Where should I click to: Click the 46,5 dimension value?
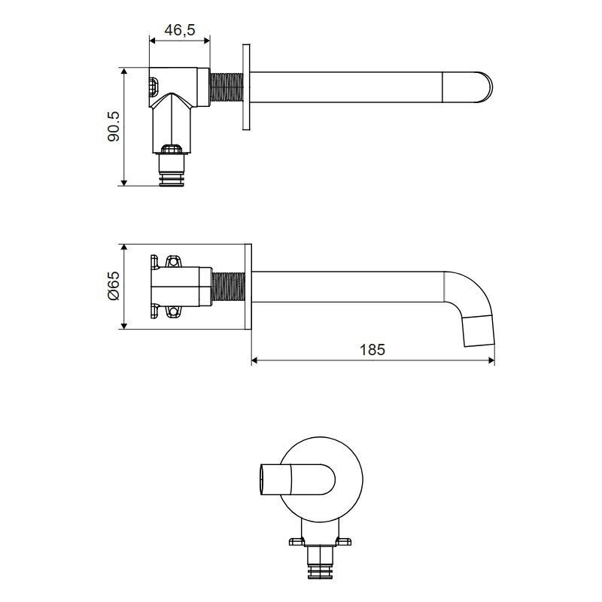click(x=180, y=29)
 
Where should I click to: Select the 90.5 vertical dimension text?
click(x=114, y=126)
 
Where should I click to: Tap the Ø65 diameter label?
click(x=114, y=286)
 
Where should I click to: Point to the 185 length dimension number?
click(x=372, y=350)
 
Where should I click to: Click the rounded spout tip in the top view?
click(x=485, y=87)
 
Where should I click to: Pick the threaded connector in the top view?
click(x=227, y=87)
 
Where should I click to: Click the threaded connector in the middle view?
click(x=229, y=287)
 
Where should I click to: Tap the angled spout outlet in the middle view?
click(x=479, y=330)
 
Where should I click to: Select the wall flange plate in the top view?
click(x=247, y=87)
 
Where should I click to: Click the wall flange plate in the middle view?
click(x=248, y=287)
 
